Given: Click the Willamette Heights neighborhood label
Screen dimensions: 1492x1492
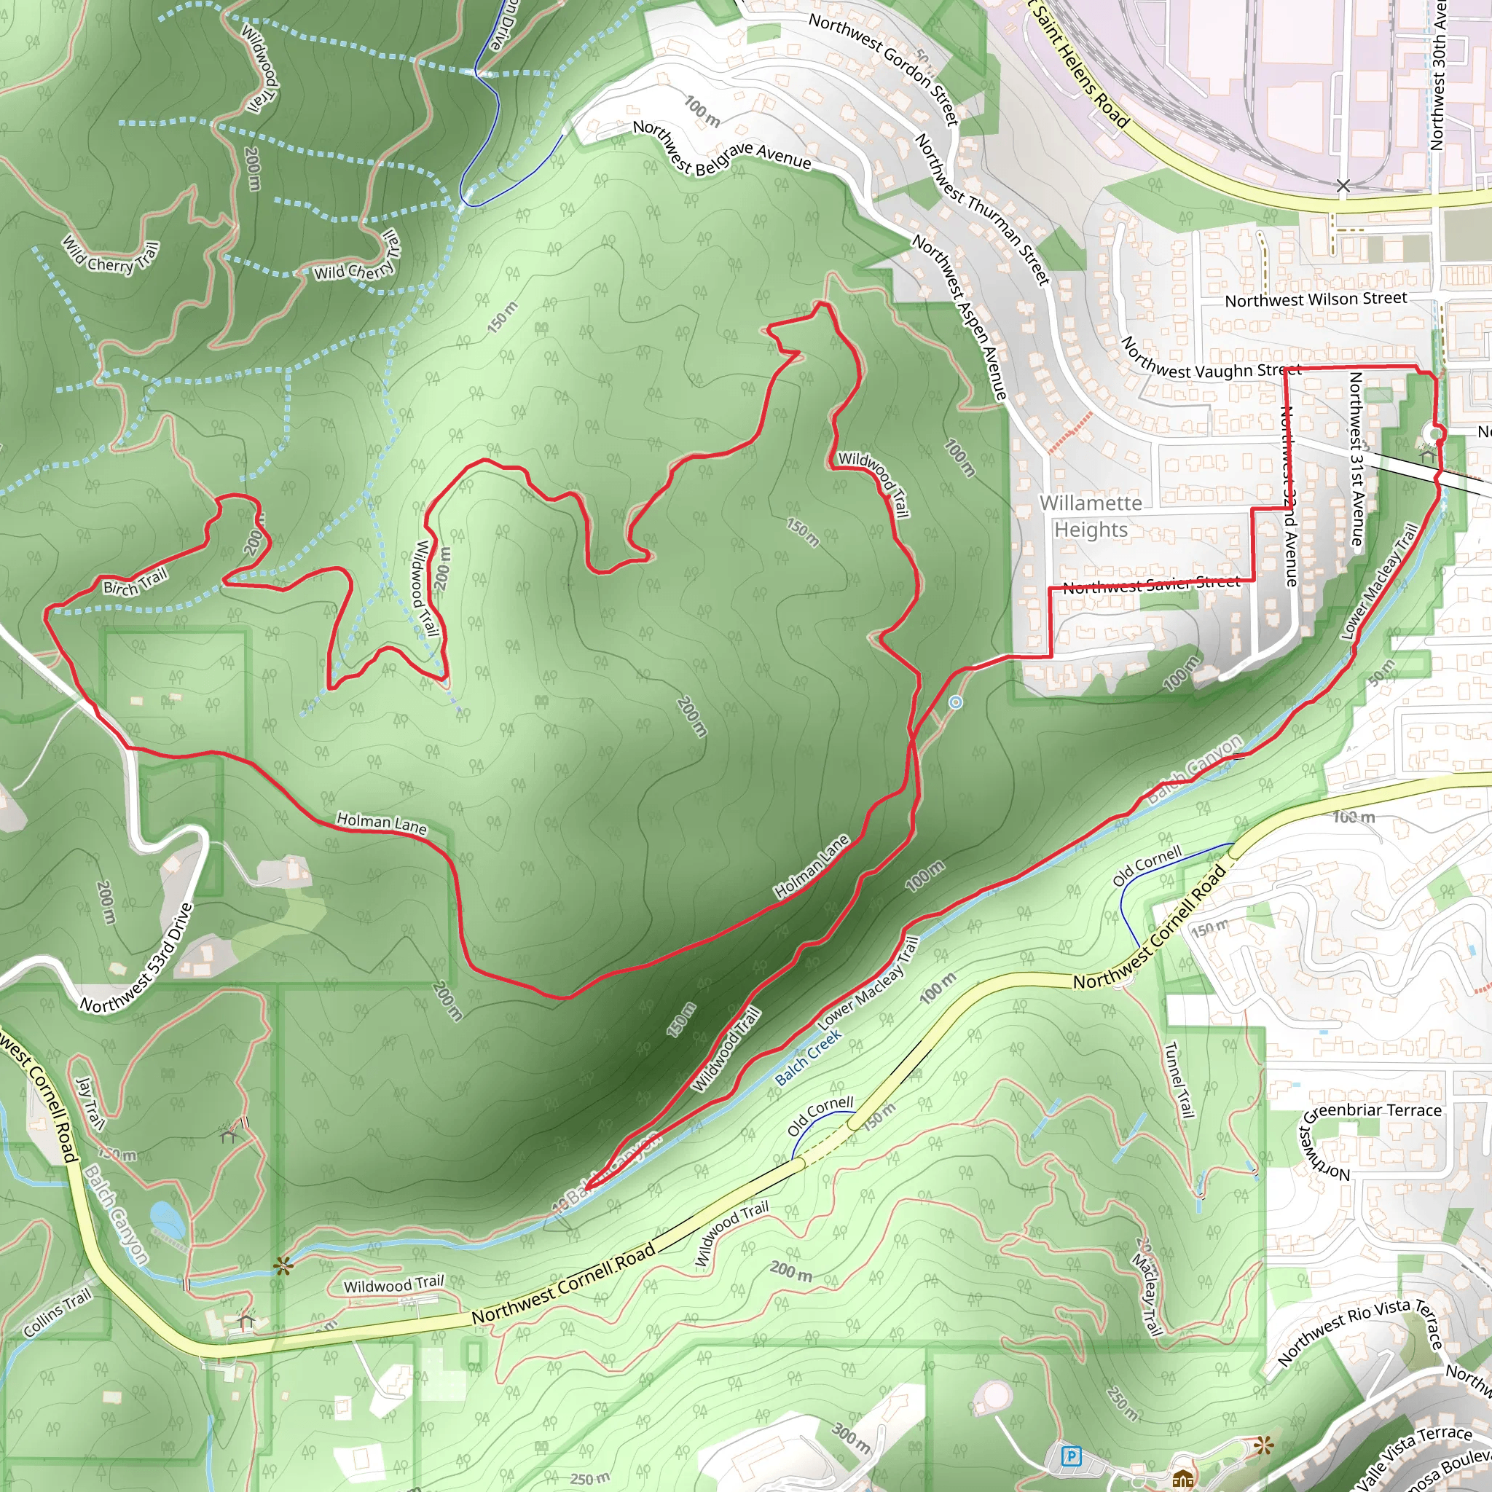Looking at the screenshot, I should pyautogui.click(x=1091, y=517).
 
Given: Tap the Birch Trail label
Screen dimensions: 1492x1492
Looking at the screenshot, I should pyautogui.click(x=136, y=582).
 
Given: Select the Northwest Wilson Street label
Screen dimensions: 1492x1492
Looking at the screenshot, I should pyautogui.click(x=1316, y=299).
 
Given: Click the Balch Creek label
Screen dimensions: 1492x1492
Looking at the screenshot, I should pyautogui.click(x=808, y=1059).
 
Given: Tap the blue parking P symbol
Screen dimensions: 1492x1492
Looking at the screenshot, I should pyautogui.click(x=1070, y=1456).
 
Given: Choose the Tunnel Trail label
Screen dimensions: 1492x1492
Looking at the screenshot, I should pyautogui.click(x=1179, y=1080).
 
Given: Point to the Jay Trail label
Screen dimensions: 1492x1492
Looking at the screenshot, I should pyautogui.click(x=90, y=1103).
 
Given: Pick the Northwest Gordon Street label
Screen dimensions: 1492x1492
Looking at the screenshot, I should pyautogui.click(x=884, y=68).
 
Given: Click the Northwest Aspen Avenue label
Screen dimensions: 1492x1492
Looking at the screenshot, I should pyautogui.click(x=959, y=317).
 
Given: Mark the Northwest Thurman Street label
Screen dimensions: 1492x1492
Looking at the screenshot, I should pyautogui.click(x=982, y=208).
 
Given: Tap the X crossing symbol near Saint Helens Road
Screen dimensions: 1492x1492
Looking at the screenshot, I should pyautogui.click(x=1343, y=185).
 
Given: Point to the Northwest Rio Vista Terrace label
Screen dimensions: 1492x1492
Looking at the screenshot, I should pyautogui.click(x=1359, y=1332).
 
